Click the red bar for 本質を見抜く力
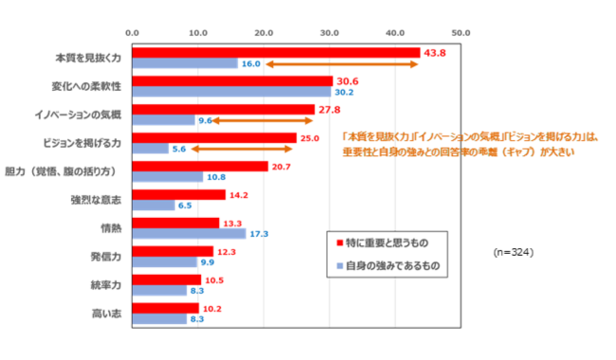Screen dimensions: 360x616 [x=276, y=53]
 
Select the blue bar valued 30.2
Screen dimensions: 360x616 [x=231, y=93]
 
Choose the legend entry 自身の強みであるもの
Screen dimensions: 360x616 [x=390, y=266]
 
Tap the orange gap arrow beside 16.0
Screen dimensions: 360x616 [x=341, y=64]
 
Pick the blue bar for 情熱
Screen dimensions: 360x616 [x=189, y=233]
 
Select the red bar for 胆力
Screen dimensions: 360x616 [x=200, y=166]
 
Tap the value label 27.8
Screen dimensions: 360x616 [x=328, y=110]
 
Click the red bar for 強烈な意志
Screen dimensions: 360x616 [x=179, y=194]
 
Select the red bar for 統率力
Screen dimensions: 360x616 [x=167, y=279]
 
